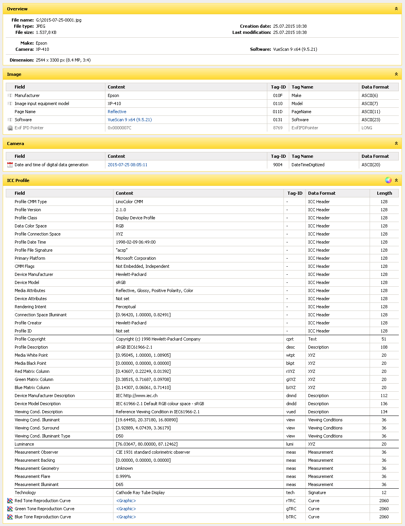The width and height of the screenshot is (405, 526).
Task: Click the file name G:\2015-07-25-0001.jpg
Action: (58, 20)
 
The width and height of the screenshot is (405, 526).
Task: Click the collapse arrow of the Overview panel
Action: (396, 8)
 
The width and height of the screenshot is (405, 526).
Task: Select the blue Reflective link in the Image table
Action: (117, 112)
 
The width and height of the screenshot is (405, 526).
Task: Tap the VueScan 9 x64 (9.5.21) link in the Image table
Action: (130, 120)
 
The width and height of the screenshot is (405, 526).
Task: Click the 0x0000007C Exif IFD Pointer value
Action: (119, 128)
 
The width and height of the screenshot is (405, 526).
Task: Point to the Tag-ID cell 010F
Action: (278, 95)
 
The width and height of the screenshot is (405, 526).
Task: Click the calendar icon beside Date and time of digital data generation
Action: (10, 165)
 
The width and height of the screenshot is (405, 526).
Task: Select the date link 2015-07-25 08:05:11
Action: (127, 165)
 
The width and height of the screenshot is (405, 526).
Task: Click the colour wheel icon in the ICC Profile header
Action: (388, 180)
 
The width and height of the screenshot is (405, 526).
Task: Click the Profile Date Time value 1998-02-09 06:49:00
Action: (135, 242)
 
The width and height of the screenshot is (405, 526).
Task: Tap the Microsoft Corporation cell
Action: (136, 258)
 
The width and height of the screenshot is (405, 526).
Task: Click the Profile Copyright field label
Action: (30, 339)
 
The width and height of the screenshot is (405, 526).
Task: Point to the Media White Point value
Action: (143, 355)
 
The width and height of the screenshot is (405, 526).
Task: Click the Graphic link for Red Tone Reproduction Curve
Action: (126, 501)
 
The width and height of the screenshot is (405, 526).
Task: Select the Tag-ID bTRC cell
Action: (291, 517)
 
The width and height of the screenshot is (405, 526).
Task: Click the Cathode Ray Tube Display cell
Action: (140, 493)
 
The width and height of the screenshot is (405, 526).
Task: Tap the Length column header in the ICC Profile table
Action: (384, 193)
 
